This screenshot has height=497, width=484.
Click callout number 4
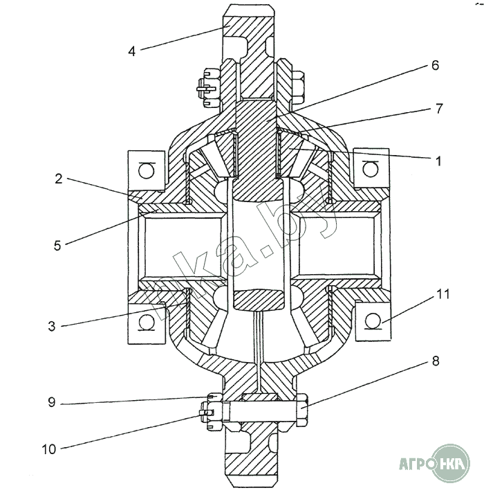tap(131, 50)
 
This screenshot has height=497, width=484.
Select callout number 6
tap(434, 66)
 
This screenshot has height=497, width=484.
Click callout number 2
tap(59, 179)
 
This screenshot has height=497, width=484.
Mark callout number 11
tap(443, 295)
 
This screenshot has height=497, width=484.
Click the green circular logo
tap(453, 460)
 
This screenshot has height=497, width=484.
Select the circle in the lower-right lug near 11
tap(372, 321)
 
